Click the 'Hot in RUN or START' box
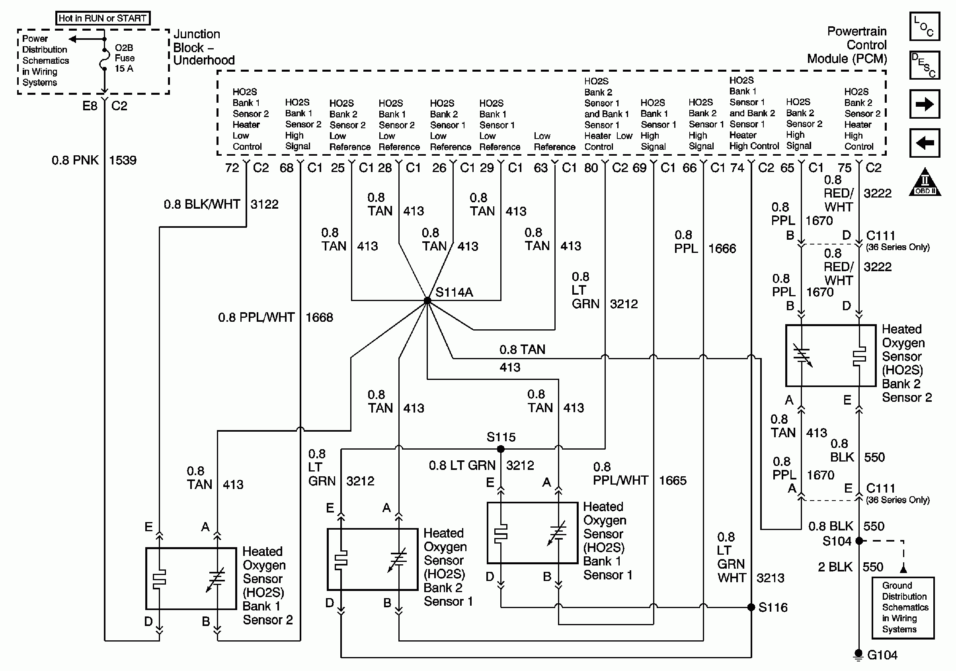tap(102, 18)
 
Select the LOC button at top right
tap(924, 26)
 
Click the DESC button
tap(924, 65)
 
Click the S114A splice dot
tap(427, 300)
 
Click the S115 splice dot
tap(501, 449)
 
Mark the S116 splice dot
tap(751, 607)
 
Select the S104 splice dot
tap(859, 541)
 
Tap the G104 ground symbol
tap(858, 655)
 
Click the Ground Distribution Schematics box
tap(903, 608)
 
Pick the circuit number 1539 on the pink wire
tap(123, 160)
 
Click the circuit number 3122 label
tap(264, 204)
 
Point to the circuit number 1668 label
tap(319, 317)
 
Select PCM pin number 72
tap(232, 168)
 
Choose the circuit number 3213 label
tap(770, 578)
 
